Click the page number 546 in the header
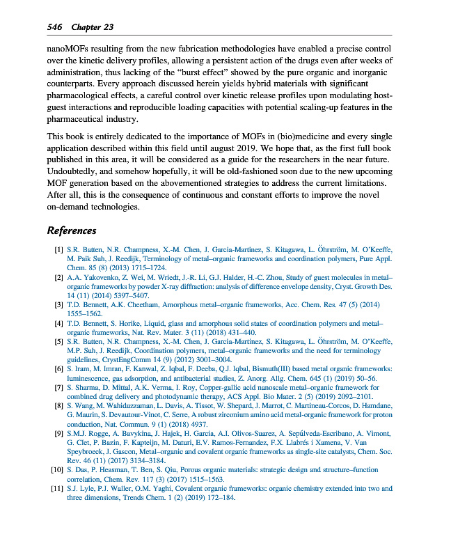(x=56, y=27)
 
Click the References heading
(x=71, y=230)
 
